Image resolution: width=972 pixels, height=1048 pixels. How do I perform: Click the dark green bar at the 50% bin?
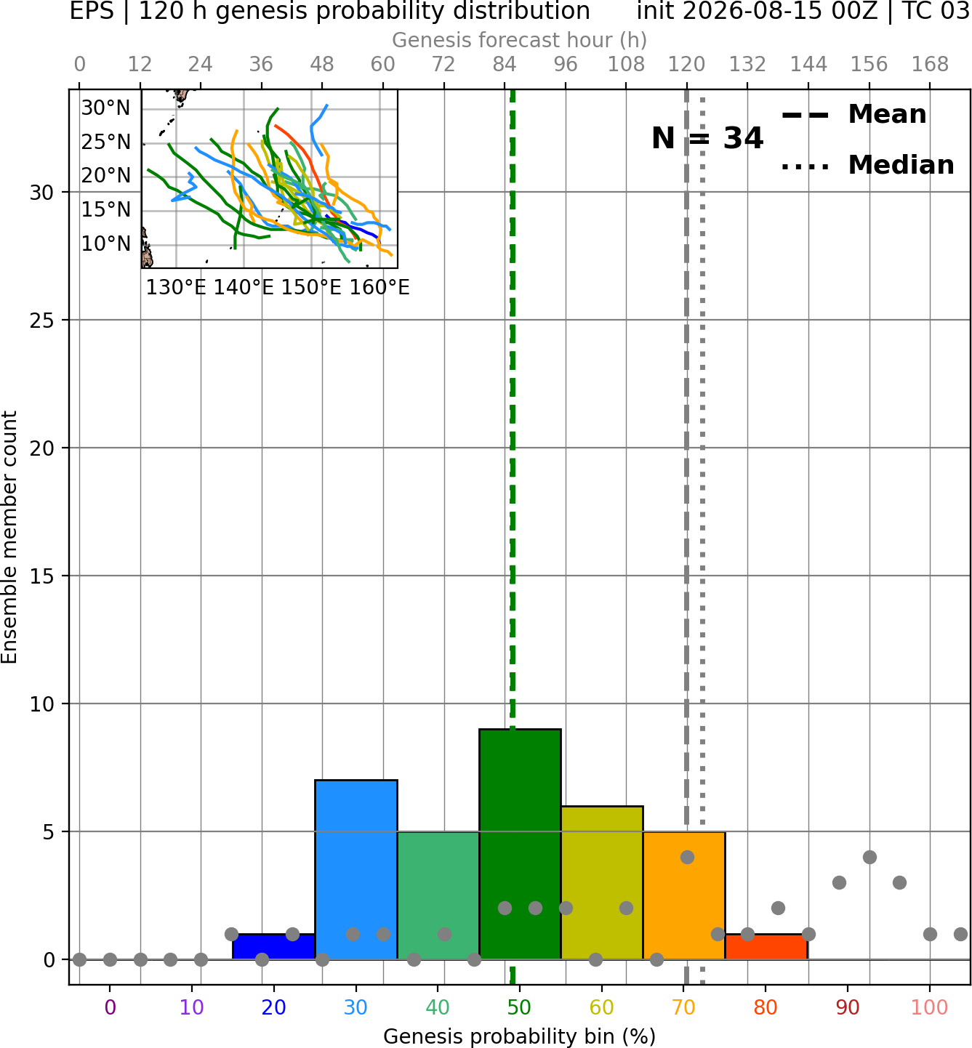(520, 845)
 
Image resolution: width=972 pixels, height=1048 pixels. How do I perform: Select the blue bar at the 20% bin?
(273, 947)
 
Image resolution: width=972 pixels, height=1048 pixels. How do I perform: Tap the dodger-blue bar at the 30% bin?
(356, 870)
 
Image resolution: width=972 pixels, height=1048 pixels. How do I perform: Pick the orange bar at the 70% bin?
(684, 895)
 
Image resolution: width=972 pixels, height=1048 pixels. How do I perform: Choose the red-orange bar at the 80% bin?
(766, 947)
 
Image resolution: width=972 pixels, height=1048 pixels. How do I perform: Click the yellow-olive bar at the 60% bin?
(602, 883)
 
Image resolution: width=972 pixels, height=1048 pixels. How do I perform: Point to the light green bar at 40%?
(438, 895)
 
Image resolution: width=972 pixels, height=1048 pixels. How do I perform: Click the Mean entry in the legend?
(853, 115)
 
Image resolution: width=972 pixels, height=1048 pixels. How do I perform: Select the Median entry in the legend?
(867, 165)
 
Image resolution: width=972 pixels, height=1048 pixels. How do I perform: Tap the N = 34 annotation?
(707, 138)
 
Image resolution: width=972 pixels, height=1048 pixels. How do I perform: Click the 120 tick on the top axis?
(687, 65)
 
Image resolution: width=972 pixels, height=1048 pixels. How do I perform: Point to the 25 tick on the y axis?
(42, 321)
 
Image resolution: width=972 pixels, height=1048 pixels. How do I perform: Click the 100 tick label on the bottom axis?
(930, 1007)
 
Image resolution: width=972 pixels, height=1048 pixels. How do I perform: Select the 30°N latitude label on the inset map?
(105, 108)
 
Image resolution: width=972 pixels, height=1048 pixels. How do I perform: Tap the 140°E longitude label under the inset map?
(244, 288)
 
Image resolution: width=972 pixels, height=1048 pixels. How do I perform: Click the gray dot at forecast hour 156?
(869, 857)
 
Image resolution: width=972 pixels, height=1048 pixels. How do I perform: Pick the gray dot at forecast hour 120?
(687, 857)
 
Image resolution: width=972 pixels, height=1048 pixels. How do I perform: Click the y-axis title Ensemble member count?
(9, 537)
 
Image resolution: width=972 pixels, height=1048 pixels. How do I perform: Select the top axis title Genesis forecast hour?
(520, 40)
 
